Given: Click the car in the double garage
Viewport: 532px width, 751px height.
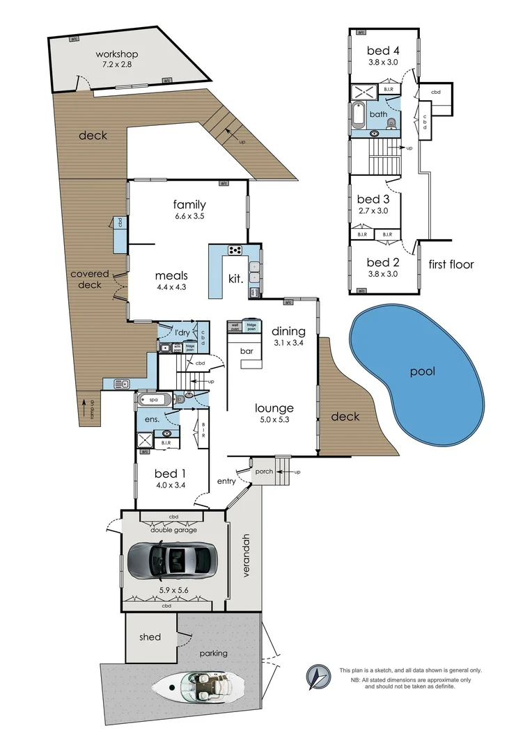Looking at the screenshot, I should tap(171, 560).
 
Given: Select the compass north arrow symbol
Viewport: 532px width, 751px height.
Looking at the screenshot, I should tap(318, 675).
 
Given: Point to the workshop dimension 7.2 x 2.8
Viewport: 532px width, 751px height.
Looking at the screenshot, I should tap(116, 64).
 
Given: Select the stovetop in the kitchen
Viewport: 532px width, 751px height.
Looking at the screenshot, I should tap(235, 250).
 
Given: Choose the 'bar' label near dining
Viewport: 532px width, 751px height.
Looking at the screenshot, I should tap(246, 352).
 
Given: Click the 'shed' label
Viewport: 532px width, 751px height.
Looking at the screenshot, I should tap(150, 637).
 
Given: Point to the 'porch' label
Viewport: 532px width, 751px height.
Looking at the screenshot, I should tap(263, 471).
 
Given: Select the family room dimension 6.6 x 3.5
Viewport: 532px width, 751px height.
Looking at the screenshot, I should tap(189, 216).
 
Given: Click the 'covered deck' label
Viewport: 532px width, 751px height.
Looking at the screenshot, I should tap(90, 279).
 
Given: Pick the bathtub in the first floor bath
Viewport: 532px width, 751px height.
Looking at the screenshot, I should tap(358, 115).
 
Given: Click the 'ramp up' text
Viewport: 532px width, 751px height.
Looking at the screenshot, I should tap(84, 409).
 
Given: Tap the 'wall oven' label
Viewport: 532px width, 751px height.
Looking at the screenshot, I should tap(235, 326).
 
